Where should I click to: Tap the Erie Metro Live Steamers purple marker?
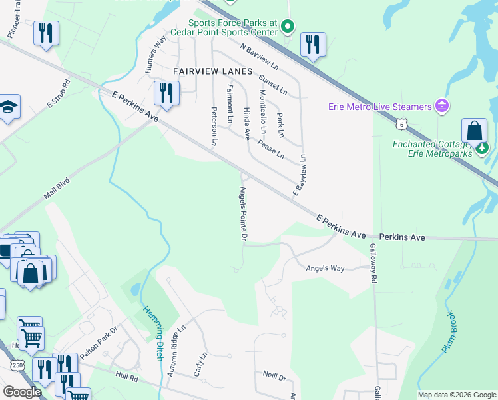coord(440,106)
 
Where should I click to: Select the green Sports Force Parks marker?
coord(288,27)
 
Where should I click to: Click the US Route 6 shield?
coord(400,123)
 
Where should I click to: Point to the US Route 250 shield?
coord(18,365)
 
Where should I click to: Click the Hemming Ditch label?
coord(154,333)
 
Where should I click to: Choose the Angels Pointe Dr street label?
coord(244,214)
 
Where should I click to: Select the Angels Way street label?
coord(325,269)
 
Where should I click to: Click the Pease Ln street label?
coord(271,148)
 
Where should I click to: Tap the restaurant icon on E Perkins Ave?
coord(166,93)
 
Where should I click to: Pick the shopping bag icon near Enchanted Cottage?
coord(475,130)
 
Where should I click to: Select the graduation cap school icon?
coord(8,107)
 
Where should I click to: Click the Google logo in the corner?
coord(22,392)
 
